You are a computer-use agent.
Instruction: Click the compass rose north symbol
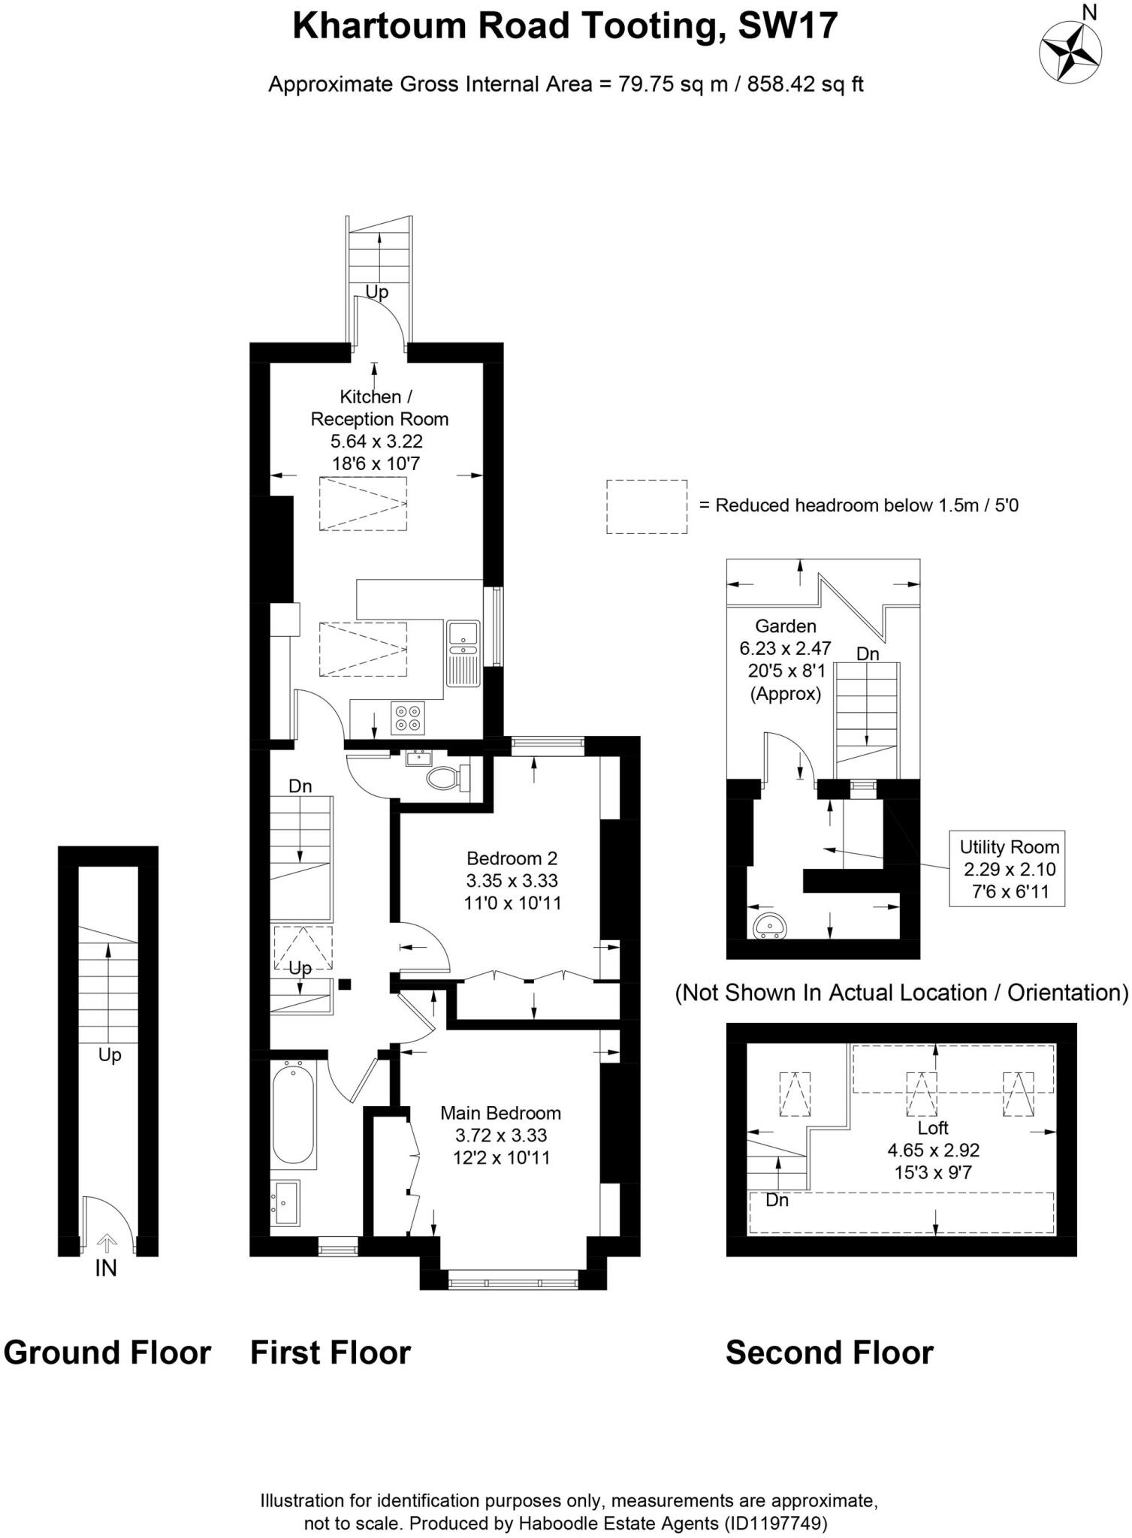(x=1070, y=50)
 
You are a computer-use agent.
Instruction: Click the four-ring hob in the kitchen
(x=408, y=717)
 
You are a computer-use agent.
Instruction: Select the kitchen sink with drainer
(x=463, y=653)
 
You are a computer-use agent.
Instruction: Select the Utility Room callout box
(x=1007, y=868)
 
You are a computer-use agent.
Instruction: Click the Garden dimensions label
(x=786, y=659)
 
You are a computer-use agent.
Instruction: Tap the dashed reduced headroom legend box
(x=647, y=507)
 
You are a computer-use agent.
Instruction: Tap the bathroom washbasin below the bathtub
(x=286, y=1202)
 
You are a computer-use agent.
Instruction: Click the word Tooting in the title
(x=651, y=26)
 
